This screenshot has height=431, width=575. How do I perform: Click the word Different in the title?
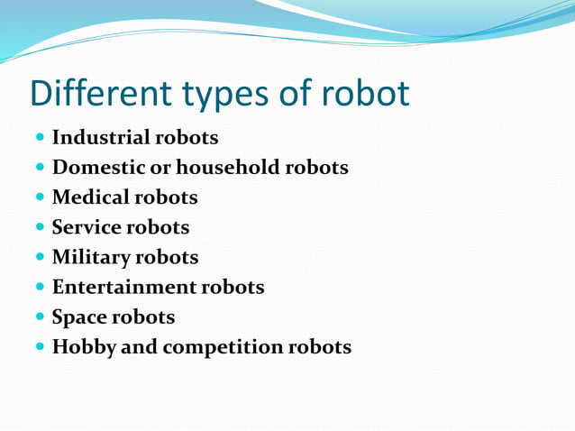coord(87,94)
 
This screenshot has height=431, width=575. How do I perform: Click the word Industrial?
coord(101,138)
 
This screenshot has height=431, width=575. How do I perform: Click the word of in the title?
coord(278,94)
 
